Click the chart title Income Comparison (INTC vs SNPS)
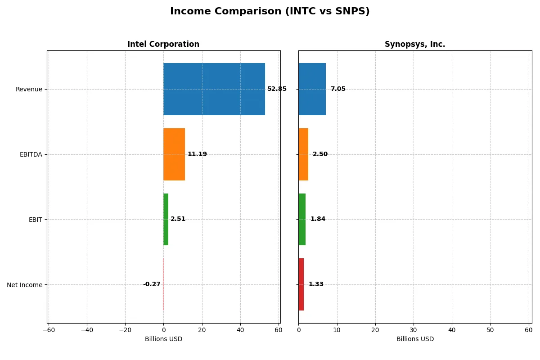(270, 12)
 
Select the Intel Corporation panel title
(163, 44)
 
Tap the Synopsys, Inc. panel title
(414, 44)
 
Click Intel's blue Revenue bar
(214, 89)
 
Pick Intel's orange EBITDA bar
(174, 154)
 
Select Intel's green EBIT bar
(166, 219)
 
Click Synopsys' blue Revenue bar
(312, 89)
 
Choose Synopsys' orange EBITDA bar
(303, 154)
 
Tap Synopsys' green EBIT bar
(302, 219)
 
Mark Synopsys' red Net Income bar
(301, 284)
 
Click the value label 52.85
(277, 89)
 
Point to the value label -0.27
(152, 284)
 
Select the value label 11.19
(197, 154)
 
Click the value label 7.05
(338, 89)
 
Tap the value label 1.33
(316, 284)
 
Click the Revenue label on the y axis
(29, 89)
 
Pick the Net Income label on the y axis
(25, 284)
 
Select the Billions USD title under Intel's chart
(163, 339)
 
